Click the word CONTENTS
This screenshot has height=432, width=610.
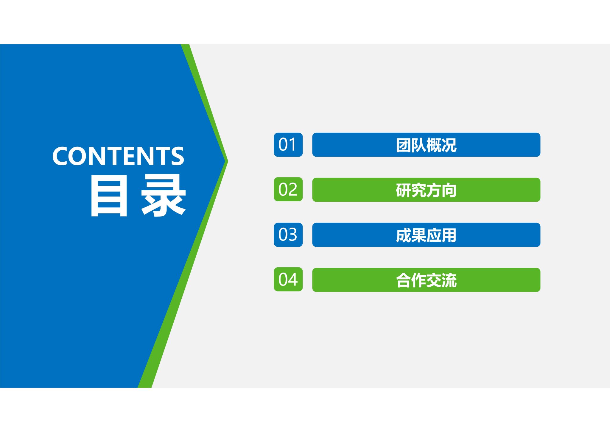coord(118,156)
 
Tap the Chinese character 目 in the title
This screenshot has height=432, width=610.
coord(109,196)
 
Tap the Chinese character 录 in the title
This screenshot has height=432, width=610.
coord(164,196)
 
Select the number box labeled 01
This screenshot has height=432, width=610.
coord(288,145)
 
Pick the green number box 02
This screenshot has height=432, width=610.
coord(288,189)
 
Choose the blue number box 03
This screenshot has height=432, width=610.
coord(288,235)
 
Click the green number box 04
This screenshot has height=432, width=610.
coord(288,280)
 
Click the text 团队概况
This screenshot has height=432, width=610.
coord(426,145)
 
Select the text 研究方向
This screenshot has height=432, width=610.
coord(426,190)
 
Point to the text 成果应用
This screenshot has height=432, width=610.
coord(426,235)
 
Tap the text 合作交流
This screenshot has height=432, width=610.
coord(426,280)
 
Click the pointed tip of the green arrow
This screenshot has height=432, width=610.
coord(228,161)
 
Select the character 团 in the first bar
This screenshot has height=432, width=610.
coord(404,145)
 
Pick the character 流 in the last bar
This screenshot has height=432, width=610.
coord(449,280)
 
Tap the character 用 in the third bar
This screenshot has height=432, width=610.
coord(449,235)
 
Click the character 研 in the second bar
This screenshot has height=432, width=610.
coord(404,190)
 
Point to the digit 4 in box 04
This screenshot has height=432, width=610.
coord(293,280)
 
